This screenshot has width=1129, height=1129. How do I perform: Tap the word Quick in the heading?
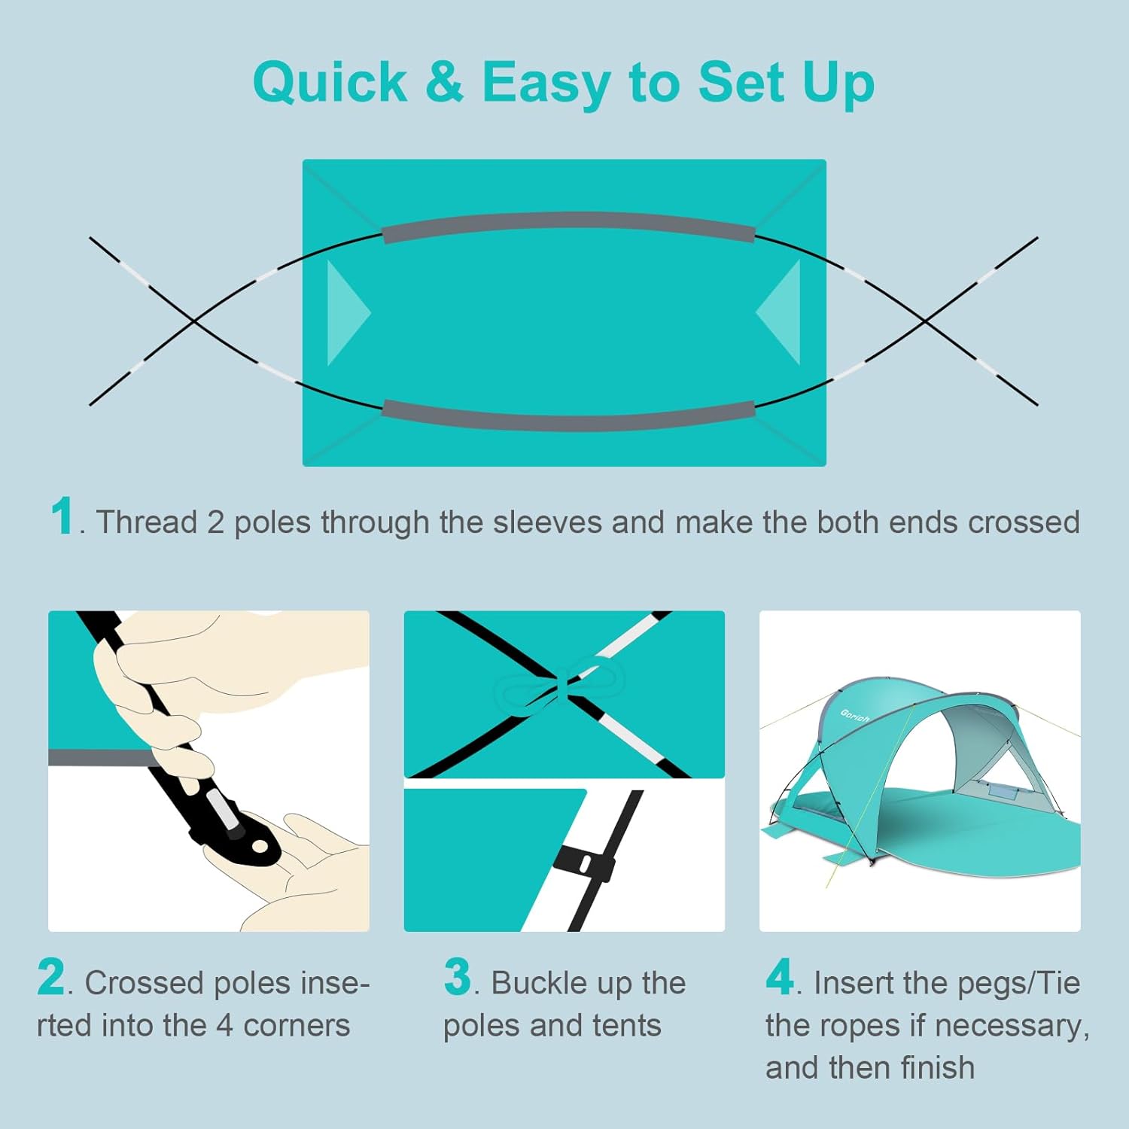point(330,83)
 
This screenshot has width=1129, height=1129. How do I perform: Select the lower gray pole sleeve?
point(568,415)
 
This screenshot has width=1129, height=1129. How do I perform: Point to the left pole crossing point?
point(194,321)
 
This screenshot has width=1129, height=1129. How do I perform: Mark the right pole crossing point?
point(926,321)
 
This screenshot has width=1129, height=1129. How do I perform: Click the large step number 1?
point(62,516)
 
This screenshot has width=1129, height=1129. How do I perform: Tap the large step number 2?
point(51,977)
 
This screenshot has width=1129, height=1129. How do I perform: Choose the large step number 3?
point(458,977)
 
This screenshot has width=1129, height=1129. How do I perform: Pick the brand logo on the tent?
point(855,715)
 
